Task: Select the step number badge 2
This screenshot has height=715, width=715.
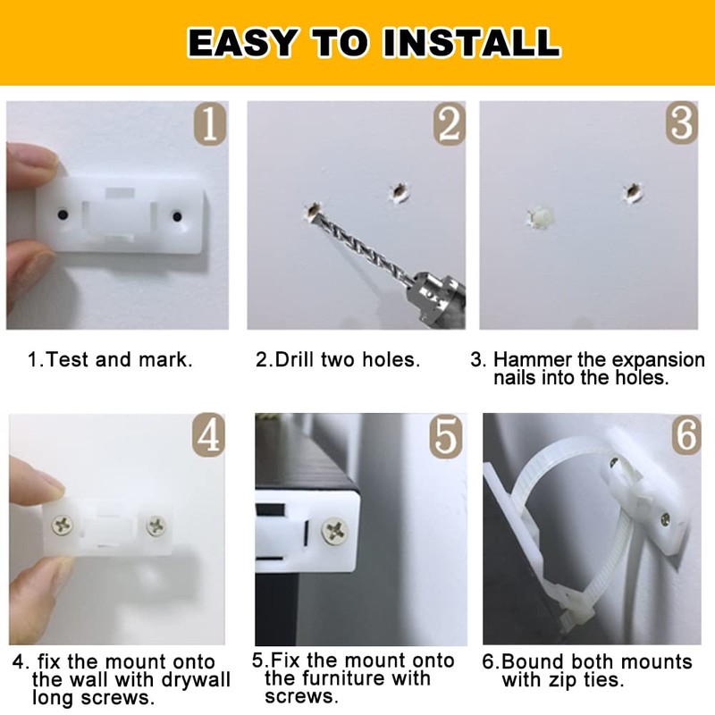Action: click(450, 124)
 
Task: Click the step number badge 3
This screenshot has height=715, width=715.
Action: click(681, 124)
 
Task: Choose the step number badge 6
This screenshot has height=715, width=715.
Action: click(685, 435)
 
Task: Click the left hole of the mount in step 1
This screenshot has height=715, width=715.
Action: click(62, 215)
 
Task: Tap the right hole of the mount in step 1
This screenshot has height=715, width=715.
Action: click(178, 214)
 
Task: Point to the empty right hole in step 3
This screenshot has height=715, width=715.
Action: click(633, 190)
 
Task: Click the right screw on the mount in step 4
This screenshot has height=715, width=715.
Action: click(156, 526)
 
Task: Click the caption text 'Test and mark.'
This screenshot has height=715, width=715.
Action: click(119, 361)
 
